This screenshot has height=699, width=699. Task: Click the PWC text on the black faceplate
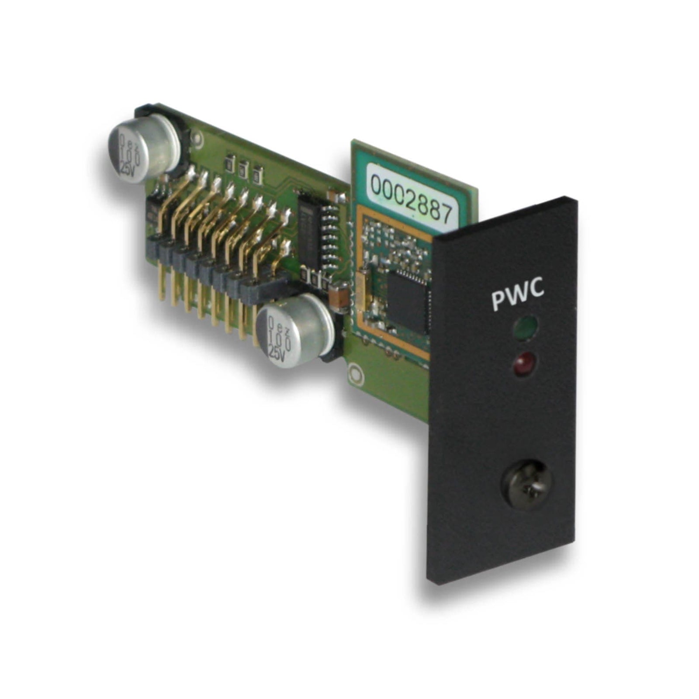pyautogui.click(x=518, y=295)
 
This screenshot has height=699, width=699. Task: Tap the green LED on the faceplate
pyautogui.click(x=526, y=326)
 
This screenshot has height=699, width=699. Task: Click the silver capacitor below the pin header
pyautogui.click(x=291, y=330)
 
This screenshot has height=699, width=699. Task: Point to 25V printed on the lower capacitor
pyautogui.click(x=277, y=352)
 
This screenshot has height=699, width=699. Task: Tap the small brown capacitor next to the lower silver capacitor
pyautogui.click(x=339, y=297)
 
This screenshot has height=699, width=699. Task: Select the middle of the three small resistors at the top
pyautogui.click(x=243, y=166)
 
